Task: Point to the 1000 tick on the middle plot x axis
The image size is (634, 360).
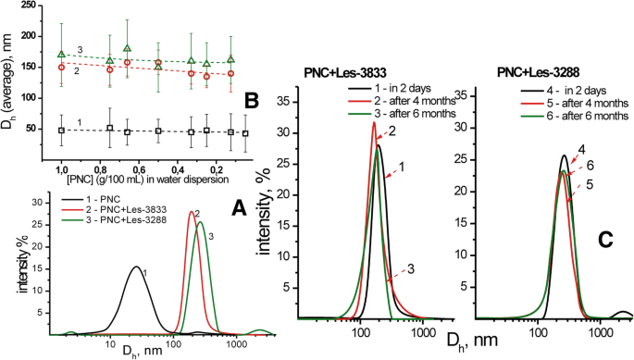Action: click(423, 330)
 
